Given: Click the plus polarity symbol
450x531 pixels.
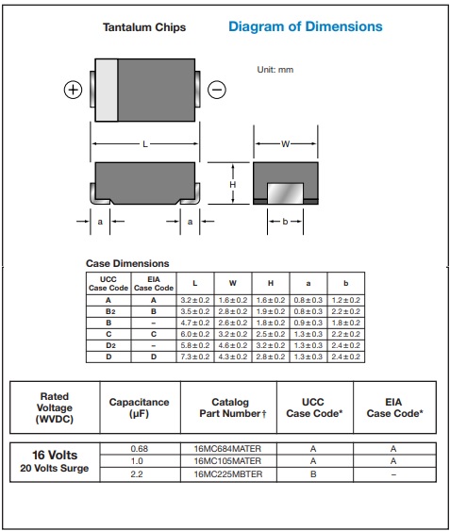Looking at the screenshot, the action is pos(74,90).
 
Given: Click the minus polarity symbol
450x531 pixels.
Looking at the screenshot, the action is pos(217,90).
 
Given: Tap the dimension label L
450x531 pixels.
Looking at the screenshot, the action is pos(145,144).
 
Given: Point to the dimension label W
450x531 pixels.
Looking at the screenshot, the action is pos(285,144).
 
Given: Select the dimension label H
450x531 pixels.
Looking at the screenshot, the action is pos(232,185).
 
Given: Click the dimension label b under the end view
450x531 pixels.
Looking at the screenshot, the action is pos(285,222).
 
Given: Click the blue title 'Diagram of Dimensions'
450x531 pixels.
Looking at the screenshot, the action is pos(306,26).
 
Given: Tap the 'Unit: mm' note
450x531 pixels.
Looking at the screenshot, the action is pos(275,70).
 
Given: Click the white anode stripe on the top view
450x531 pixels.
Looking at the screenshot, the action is pos(107,90).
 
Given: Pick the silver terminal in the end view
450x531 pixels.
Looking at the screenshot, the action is pos(285,193).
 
